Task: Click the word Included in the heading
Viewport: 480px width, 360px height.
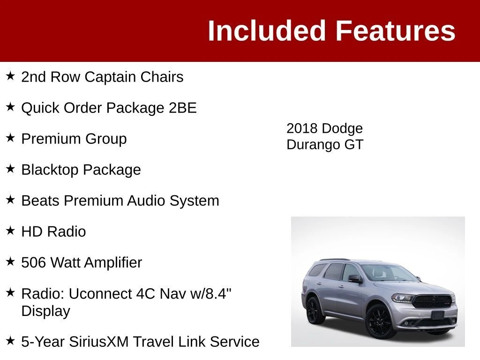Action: pos(266,30)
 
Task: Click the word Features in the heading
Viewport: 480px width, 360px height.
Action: pos(396,30)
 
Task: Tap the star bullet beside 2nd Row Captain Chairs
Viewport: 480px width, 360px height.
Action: pos(10,75)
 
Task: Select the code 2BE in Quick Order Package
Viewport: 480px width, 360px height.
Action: pos(183,108)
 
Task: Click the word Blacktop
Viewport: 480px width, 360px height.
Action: pos(50,170)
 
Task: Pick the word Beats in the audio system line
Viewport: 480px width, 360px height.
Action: pos(40,201)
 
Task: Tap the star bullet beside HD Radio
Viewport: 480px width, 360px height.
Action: pos(10,231)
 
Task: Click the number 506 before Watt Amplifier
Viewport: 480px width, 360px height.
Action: pos(33,262)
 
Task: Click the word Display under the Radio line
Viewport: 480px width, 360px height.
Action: pos(45,311)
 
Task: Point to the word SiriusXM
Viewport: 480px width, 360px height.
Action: pos(99,342)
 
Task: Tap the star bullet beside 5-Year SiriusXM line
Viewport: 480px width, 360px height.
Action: pos(10,340)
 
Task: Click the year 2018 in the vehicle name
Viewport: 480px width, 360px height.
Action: pos(301,128)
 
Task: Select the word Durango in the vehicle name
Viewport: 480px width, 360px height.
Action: pos(314,144)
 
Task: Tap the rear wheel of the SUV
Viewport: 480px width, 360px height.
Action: pos(314,310)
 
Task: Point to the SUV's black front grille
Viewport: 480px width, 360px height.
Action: pos(432,301)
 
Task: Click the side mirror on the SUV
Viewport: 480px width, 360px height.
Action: pos(355,278)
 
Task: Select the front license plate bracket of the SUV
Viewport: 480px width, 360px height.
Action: pos(437,315)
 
